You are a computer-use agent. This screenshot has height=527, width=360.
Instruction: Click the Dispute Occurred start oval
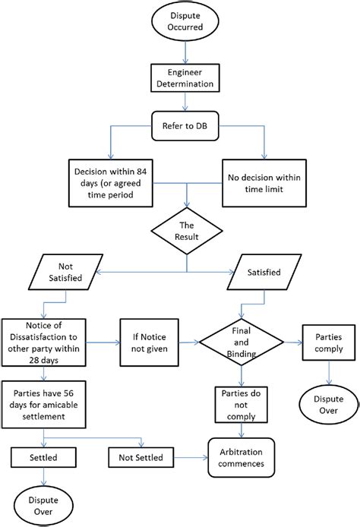(186, 22)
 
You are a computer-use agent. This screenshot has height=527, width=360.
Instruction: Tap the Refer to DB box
(186, 127)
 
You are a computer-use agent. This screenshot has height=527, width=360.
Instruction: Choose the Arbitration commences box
(242, 456)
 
